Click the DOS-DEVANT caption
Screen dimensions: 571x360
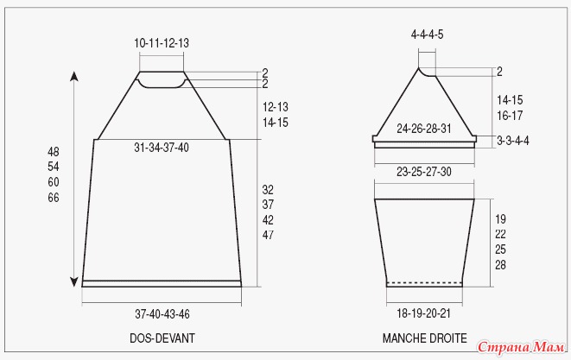click(162, 338)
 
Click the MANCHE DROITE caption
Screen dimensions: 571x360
click(425, 338)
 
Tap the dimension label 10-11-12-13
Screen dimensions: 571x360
click(162, 43)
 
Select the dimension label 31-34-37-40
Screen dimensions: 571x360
click(162, 148)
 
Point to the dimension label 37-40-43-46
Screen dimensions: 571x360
click(162, 313)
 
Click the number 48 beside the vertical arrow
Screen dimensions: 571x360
click(54, 151)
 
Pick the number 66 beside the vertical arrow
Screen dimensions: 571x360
click(54, 198)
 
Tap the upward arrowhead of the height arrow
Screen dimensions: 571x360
click(74, 76)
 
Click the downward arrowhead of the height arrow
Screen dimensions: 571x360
click(74, 282)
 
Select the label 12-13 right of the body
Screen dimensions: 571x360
click(276, 107)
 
